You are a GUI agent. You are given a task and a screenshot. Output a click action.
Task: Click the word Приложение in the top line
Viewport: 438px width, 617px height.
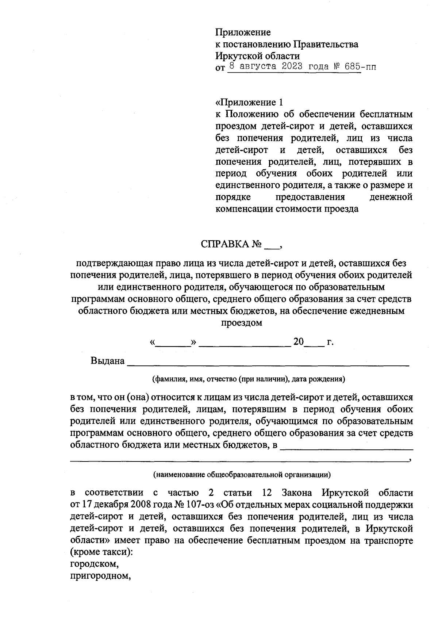tap(243, 32)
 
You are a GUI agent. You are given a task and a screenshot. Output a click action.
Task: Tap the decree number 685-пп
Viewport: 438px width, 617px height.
tap(361, 67)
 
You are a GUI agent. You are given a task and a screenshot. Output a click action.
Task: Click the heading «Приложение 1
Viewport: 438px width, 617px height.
tap(249, 102)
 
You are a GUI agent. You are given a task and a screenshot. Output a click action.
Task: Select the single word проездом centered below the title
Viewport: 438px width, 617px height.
tap(242, 323)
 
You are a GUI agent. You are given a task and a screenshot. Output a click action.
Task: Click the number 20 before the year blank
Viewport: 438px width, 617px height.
tap(299, 342)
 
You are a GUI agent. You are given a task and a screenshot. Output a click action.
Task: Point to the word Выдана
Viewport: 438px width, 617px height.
tap(108, 361)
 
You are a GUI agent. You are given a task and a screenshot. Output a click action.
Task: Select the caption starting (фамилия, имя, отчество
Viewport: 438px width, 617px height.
tap(249, 379)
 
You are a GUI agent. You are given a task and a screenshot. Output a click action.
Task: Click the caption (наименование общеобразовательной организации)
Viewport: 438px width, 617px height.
tap(242, 475)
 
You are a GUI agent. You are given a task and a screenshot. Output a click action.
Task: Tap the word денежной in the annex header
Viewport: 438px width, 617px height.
tap(391, 197)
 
